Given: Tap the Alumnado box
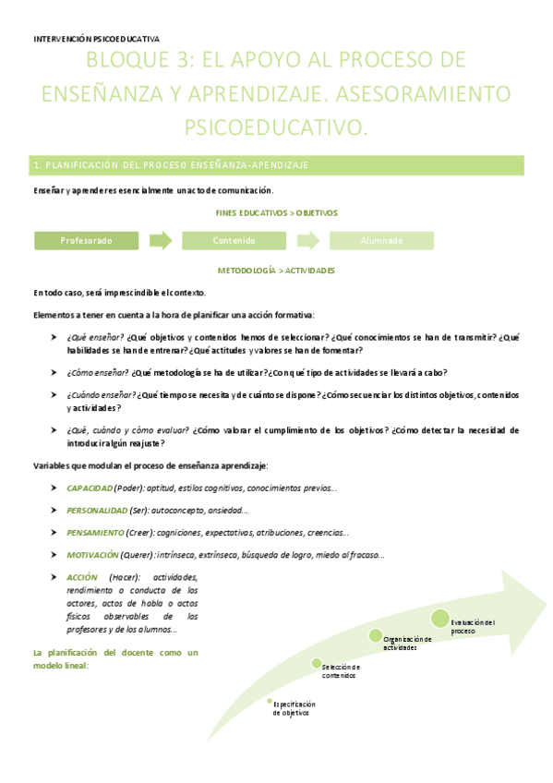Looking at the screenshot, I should pos(381,241).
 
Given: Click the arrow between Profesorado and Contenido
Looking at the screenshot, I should pos(161,241).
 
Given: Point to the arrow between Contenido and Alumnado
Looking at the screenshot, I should pos(308,241).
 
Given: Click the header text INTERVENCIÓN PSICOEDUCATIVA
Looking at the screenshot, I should pos(96,39).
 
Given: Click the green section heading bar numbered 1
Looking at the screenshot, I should pos(278,165).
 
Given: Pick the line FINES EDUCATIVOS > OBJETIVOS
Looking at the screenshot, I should pos(277,212).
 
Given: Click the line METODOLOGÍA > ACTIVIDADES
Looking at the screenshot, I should pos(276,271).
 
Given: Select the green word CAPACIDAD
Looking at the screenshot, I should pos(90,488).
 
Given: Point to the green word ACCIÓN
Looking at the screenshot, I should pos(81,577).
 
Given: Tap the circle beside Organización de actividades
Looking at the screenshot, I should pos(376,634).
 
